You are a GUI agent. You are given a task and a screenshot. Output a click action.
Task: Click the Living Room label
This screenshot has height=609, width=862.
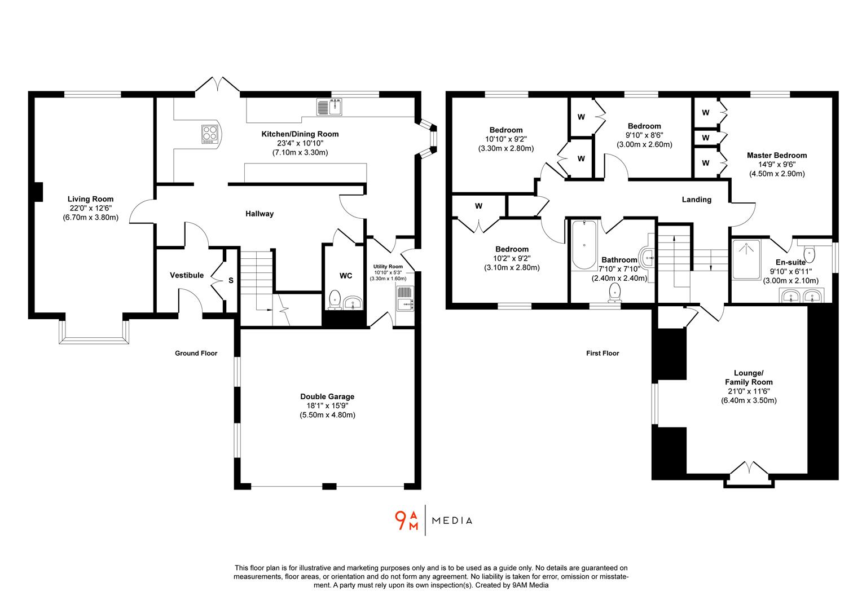point(90,199)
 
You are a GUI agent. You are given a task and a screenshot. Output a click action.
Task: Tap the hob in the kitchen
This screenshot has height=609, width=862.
point(210,134)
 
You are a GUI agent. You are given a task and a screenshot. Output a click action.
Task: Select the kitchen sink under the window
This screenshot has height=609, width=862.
point(330,107)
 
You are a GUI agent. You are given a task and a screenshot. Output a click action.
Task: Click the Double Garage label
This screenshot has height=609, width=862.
point(327,396)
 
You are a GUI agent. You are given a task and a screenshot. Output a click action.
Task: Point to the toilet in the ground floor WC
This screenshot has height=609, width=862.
point(335,299)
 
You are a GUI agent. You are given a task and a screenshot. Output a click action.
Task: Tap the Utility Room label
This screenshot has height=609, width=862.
point(388,267)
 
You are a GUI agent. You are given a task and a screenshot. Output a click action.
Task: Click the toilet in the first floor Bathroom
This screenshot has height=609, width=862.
point(615,293)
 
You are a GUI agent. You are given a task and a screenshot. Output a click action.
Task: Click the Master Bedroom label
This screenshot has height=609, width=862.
point(776,155)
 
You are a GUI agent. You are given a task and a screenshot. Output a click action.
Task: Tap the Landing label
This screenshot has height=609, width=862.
point(696,200)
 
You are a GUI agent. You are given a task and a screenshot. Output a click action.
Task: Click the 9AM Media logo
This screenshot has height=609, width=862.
point(433,520)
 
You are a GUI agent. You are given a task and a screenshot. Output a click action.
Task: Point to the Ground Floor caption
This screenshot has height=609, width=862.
point(196,354)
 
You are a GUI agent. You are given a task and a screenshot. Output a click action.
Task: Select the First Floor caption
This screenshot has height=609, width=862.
point(602,354)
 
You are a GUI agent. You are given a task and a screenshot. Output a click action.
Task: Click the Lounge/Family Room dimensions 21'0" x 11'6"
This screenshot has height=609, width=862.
point(749,391)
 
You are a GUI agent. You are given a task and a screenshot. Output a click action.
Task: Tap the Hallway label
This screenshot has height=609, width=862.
point(260,214)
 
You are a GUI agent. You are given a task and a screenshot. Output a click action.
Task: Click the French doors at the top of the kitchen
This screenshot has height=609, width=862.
point(218,85)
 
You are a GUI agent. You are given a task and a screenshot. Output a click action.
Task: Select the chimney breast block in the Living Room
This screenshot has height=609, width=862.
point(38,192)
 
